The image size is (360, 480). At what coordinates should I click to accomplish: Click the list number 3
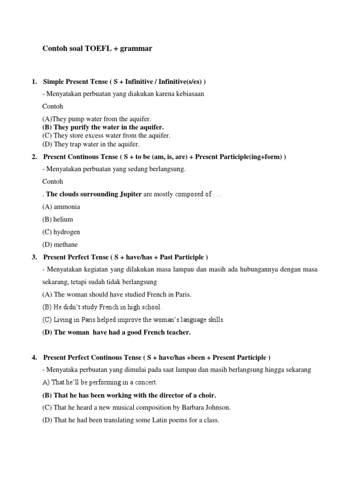coord(34,257)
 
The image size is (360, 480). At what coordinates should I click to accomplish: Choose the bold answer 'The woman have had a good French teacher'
coord(116,332)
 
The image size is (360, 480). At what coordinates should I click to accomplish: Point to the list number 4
coord(34,358)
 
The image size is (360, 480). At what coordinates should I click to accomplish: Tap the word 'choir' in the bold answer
coord(206,395)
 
